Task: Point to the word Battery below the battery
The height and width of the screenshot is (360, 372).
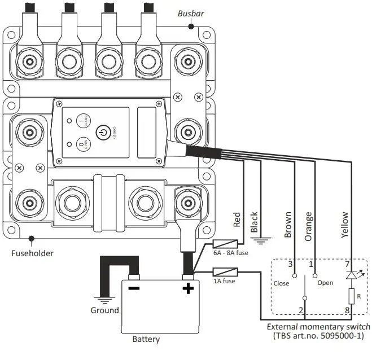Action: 146,339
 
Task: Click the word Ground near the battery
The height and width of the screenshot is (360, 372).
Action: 104,310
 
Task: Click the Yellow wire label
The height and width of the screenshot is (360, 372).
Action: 345,225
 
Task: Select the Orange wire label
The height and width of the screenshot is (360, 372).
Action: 309,226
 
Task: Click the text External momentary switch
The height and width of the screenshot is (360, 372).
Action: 318,327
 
